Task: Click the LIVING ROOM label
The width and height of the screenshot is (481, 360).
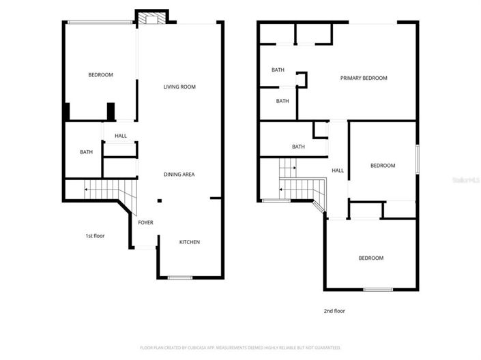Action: coord(179,87)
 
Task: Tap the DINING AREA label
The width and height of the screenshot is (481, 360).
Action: coord(179,175)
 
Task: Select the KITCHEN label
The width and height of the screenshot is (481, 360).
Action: coord(189,242)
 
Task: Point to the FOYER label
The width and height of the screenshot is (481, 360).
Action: coord(145,222)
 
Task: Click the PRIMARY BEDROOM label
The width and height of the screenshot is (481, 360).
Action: coord(364,78)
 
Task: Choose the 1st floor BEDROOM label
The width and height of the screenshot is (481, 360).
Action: coord(100,74)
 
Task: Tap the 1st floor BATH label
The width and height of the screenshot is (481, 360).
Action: coord(86,152)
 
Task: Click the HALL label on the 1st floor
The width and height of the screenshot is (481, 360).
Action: coord(120,136)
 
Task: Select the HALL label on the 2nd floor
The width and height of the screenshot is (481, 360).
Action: coord(338,170)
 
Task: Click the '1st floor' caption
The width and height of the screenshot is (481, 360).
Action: coord(95,236)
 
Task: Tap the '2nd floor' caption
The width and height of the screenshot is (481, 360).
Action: coord(334,311)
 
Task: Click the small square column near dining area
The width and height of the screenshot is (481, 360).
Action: coord(159,200)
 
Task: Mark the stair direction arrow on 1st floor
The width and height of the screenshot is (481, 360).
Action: coord(87,189)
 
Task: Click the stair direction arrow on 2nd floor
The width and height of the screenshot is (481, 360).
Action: coord(282,190)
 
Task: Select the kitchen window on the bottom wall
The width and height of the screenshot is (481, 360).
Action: coord(180,277)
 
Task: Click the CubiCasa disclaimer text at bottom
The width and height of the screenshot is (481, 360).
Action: coord(240,348)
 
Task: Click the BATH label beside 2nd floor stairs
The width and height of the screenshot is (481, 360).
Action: coord(298,147)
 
